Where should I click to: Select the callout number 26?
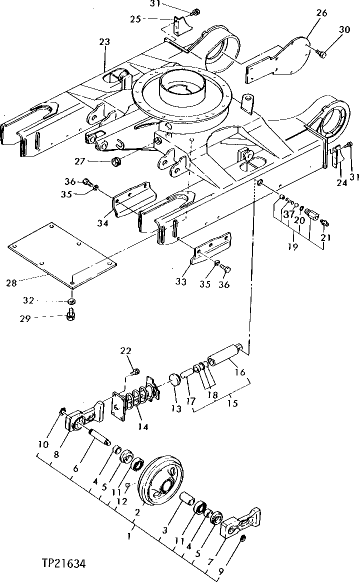point(321,13)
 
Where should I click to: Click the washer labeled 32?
point(71,301)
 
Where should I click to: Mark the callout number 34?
point(103,223)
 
